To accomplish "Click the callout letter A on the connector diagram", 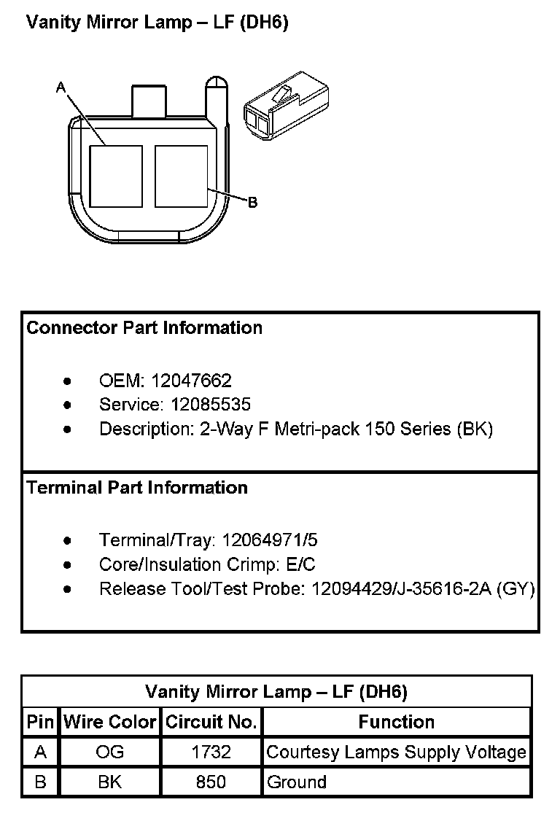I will tap(61, 87).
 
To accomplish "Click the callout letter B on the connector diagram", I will tap(252, 203).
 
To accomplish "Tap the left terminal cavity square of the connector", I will tap(115, 176).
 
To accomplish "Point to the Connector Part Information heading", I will tap(144, 328).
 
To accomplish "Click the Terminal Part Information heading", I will tap(137, 488).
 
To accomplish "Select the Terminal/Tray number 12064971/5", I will tap(270, 540).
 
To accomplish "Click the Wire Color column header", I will tap(110, 722).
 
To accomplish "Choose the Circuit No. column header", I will tap(211, 722).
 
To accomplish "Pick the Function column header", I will tap(396, 722).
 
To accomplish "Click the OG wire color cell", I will tap(110, 752).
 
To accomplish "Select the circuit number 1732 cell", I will tap(211, 752).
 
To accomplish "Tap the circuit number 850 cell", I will tap(211, 782).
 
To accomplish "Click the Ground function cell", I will tap(297, 782).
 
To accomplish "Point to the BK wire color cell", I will tap(110, 782).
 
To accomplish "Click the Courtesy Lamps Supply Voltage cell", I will tap(396, 752).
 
